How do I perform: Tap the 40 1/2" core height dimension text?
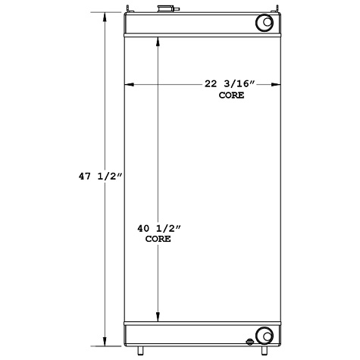tap(158, 227)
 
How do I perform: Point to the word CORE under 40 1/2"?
tap(158, 239)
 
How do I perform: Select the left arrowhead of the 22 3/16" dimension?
tap(129, 84)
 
